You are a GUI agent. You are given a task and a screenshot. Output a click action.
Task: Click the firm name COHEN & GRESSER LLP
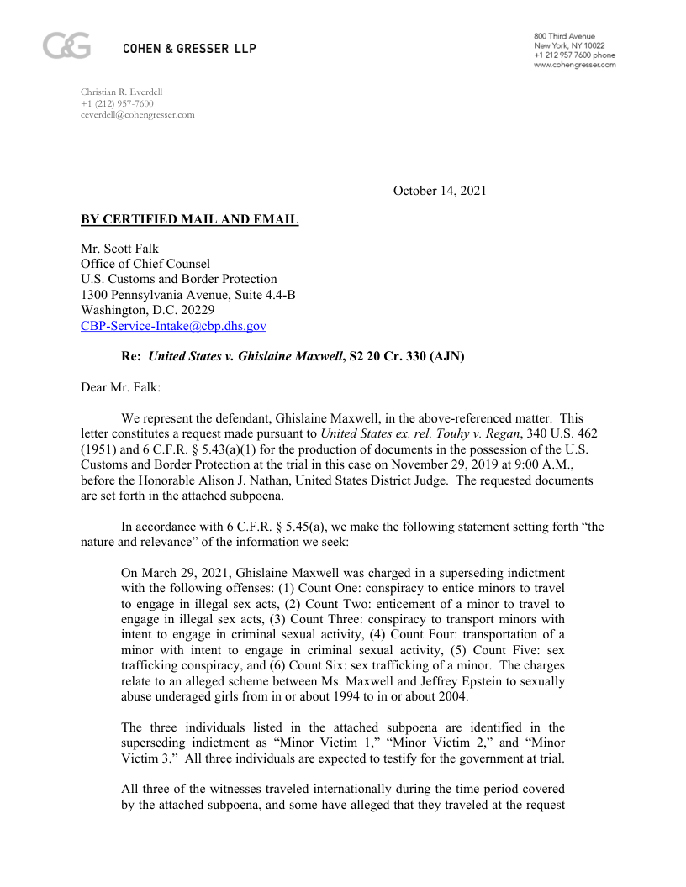[x=189, y=49]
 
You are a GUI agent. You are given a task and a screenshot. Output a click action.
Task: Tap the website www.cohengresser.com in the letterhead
[x=574, y=65]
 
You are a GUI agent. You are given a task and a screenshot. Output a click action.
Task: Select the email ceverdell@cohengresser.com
[x=137, y=114]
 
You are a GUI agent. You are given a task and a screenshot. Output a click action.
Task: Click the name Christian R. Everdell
[x=121, y=92]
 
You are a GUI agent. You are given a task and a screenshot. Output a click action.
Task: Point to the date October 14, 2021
[x=440, y=191]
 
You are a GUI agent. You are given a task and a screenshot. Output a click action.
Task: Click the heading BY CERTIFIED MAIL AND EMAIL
[x=189, y=220]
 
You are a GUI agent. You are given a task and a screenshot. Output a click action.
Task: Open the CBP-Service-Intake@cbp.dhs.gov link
[x=173, y=326]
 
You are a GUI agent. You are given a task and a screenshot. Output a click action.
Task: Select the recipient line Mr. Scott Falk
[x=119, y=249]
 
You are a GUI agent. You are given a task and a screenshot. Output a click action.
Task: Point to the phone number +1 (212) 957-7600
[x=117, y=103]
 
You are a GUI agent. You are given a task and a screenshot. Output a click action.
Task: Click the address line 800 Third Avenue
[x=564, y=36]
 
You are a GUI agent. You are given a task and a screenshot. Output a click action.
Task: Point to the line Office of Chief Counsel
[x=145, y=264]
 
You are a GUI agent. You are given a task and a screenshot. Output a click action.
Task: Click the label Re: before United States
[x=131, y=356]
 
